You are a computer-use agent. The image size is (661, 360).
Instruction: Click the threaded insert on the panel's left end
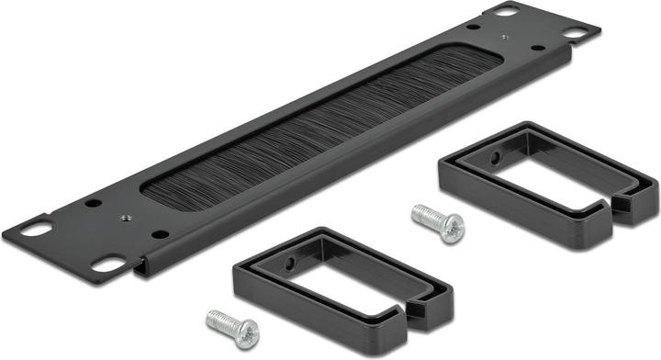pos(124,218)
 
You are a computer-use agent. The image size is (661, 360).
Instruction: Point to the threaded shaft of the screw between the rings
pos(424,217)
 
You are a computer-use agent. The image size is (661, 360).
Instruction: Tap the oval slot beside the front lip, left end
pos(107,265)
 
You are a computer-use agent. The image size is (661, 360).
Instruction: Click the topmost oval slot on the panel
pos(505,11)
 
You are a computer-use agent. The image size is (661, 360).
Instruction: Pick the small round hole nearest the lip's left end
pos(161,234)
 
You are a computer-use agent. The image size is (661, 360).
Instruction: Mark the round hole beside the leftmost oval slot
pos(90,202)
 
